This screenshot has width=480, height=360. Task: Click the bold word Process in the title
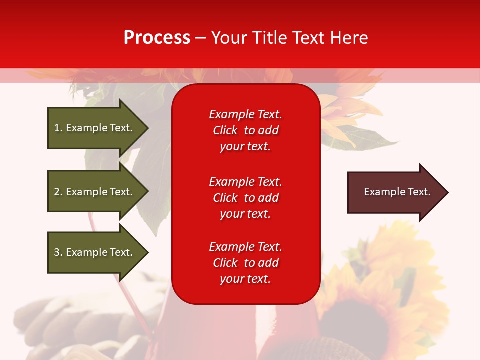coord(157,38)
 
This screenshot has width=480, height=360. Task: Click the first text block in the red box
coord(245,130)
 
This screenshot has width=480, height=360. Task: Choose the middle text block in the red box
coord(245,198)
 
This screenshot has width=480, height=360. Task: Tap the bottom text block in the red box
coord(245,263)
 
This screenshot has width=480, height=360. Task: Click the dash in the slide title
coord(200,38)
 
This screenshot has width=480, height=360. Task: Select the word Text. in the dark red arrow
coord(418,192)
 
